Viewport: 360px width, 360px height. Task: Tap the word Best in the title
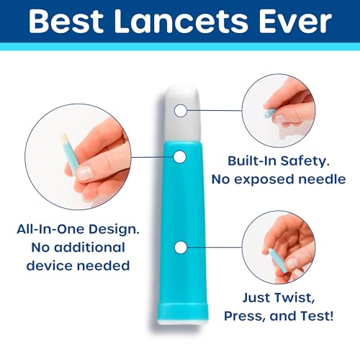click(66, 22)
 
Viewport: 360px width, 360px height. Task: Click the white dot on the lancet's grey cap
click(181, 111)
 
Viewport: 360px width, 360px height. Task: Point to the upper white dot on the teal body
click(180, 157)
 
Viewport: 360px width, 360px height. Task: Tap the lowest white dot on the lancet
click(181, 248)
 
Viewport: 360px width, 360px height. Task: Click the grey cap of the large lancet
click(183, 114)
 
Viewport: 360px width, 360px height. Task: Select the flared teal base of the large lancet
click(182, 312)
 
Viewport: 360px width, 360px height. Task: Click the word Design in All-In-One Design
click(114, 230)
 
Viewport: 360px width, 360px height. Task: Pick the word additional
click(89, 248)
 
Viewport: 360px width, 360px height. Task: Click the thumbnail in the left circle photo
click(84, 173)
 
